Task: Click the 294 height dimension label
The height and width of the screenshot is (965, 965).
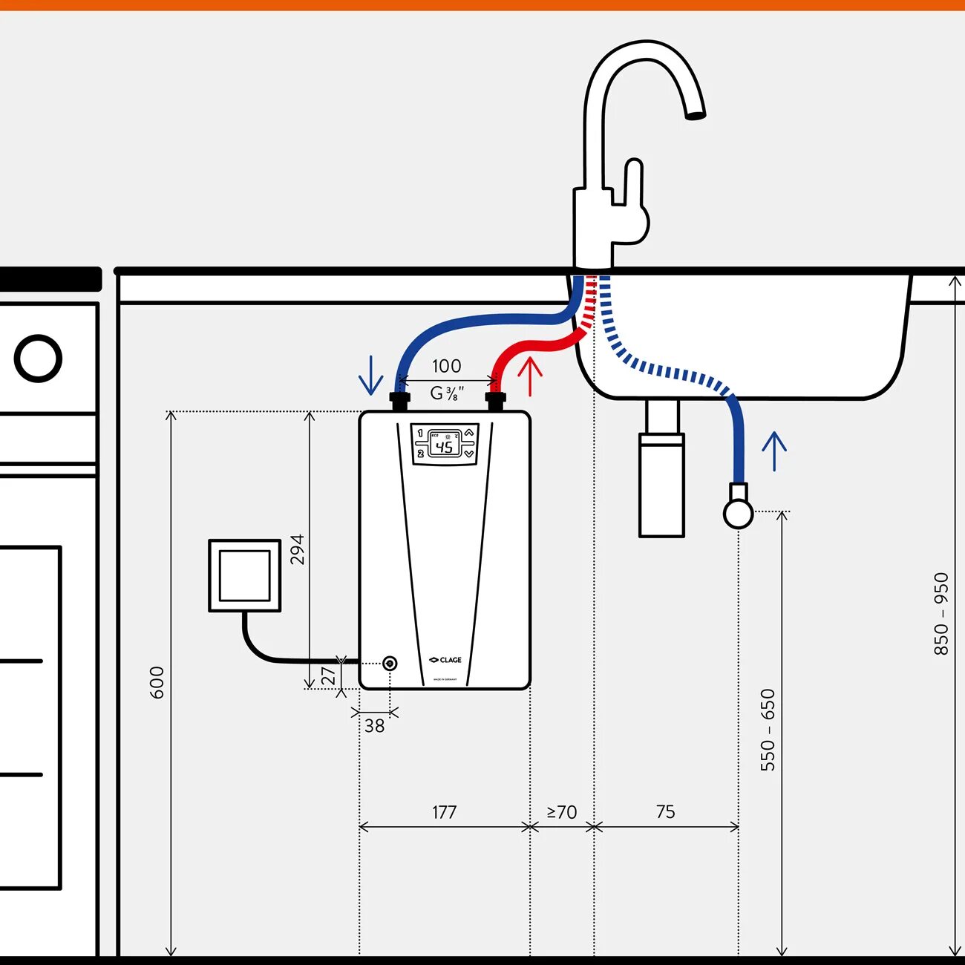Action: (x=298, y=549)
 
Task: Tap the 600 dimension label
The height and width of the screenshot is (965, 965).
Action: (x=157, y=682)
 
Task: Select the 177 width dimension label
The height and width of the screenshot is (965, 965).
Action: (x=444, y=812)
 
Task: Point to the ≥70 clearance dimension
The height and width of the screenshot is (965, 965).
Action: (x=562, y=812)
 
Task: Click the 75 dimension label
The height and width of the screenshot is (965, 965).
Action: (x=666, y=812)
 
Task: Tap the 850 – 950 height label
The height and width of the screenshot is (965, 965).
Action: (x=941, y=614)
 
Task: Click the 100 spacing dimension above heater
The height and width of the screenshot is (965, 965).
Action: (x=446, y=366)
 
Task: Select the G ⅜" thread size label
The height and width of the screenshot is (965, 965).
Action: (x=448, y=393)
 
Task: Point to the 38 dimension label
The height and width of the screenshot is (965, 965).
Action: (x=374, y=726)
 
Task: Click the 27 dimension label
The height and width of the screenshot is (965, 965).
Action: (x=328, y=676)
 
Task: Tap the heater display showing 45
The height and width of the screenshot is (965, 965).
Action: (x=445, y=444)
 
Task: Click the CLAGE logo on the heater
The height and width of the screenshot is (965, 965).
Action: (x=445, y=659)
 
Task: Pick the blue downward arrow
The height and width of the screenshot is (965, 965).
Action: (x=370, y=376)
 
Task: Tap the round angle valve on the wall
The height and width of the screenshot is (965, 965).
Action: (x=738, y=513)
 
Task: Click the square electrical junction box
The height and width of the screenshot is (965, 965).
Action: (x=245, y=576)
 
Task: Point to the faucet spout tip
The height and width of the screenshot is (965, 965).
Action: (x=695, y=115)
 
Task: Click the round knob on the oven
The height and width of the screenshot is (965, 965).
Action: (x=38, y=359)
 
